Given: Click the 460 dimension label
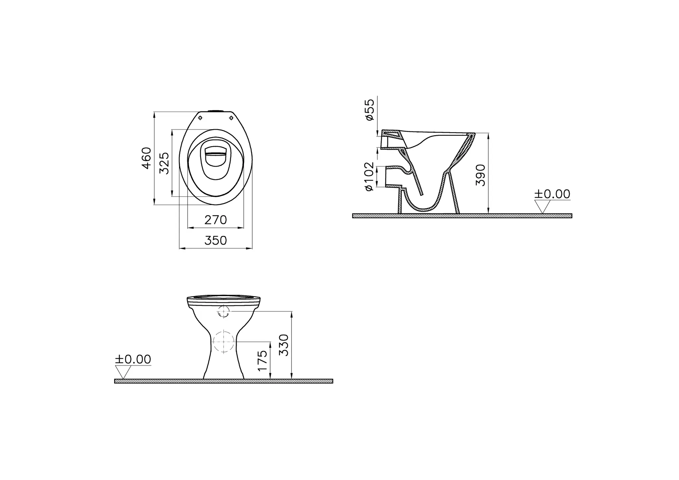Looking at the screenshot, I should tap(147, 158).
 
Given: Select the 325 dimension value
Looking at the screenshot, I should tap(164, 163).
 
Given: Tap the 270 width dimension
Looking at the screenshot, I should tap(216, 220).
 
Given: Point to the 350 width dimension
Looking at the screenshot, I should tap(216, 240).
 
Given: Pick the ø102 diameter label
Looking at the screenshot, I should tap(369, 176).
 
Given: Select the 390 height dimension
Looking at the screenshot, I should tap(480, 175).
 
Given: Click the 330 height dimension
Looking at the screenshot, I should tap(284, 345).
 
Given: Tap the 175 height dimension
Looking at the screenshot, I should tap(262, 361).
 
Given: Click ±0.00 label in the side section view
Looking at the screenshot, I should tap(552, 194).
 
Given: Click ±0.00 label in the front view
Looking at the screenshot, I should tap(133, 359).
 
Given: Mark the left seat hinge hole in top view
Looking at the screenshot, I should tap(200, 118).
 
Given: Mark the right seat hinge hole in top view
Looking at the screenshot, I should tap(231, 118).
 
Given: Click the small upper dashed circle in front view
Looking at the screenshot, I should tap(224, 311).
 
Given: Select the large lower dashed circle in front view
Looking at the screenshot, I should tap(224, 342).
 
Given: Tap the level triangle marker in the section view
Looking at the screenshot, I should tap(542, 207).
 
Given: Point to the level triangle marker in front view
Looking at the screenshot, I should tap(123, 372).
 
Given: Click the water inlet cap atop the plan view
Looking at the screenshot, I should tap(216, 111).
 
